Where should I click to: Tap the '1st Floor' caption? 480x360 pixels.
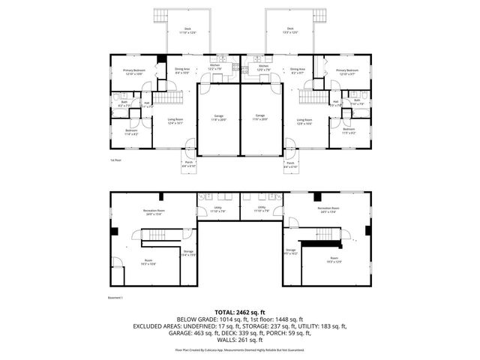click(115, 160)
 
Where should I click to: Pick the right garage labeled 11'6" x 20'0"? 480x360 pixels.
click(260, 118)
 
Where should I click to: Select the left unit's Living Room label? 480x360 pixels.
click(176, 121)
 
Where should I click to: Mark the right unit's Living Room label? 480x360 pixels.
click(304, 121)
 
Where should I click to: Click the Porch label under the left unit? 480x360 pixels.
click(188, 164)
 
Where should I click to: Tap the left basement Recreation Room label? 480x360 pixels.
click(154, 212)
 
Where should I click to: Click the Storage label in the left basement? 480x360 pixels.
click(188, 253)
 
